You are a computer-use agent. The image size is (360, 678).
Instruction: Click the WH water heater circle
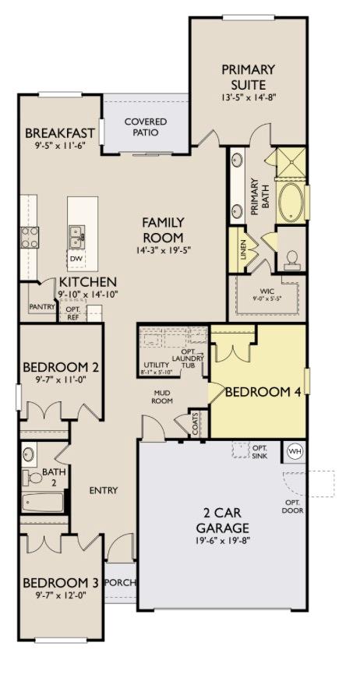(x=295, y=451)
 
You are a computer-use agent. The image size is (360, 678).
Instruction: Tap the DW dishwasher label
(x=76, y=259)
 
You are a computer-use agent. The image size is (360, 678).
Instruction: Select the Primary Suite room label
(x=248, y=76)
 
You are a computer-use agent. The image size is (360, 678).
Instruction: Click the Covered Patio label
(x=146, y=127)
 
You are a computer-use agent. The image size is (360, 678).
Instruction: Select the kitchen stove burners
(x=30, y=238)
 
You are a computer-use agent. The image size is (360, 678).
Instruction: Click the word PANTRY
(x=42, y=306)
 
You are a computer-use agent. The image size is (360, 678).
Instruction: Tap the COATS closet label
(x=197, y=423)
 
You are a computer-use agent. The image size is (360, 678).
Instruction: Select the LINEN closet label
(x=243, y=249)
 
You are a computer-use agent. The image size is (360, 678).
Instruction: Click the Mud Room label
(x=163, y=397)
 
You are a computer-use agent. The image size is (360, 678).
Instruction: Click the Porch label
(x=121, y=582)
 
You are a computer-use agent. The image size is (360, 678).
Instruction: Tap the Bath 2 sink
(x=29, y=454)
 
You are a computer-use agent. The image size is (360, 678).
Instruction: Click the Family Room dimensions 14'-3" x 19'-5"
(x=163, y=249)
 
